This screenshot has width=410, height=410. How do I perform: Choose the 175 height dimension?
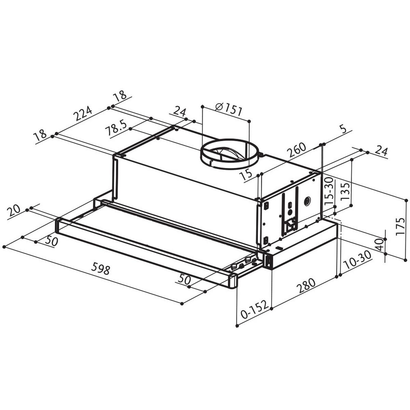(x=400, y=226)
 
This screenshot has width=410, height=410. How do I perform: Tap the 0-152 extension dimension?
(x=254, y=310)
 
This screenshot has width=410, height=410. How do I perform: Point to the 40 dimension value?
(x=378, y=245)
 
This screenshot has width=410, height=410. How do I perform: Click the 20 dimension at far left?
(x=14, y=211)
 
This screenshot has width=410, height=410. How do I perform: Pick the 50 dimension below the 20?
(x=51, y=241)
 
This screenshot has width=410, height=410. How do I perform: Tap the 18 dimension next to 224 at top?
(x=120, y=96)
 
